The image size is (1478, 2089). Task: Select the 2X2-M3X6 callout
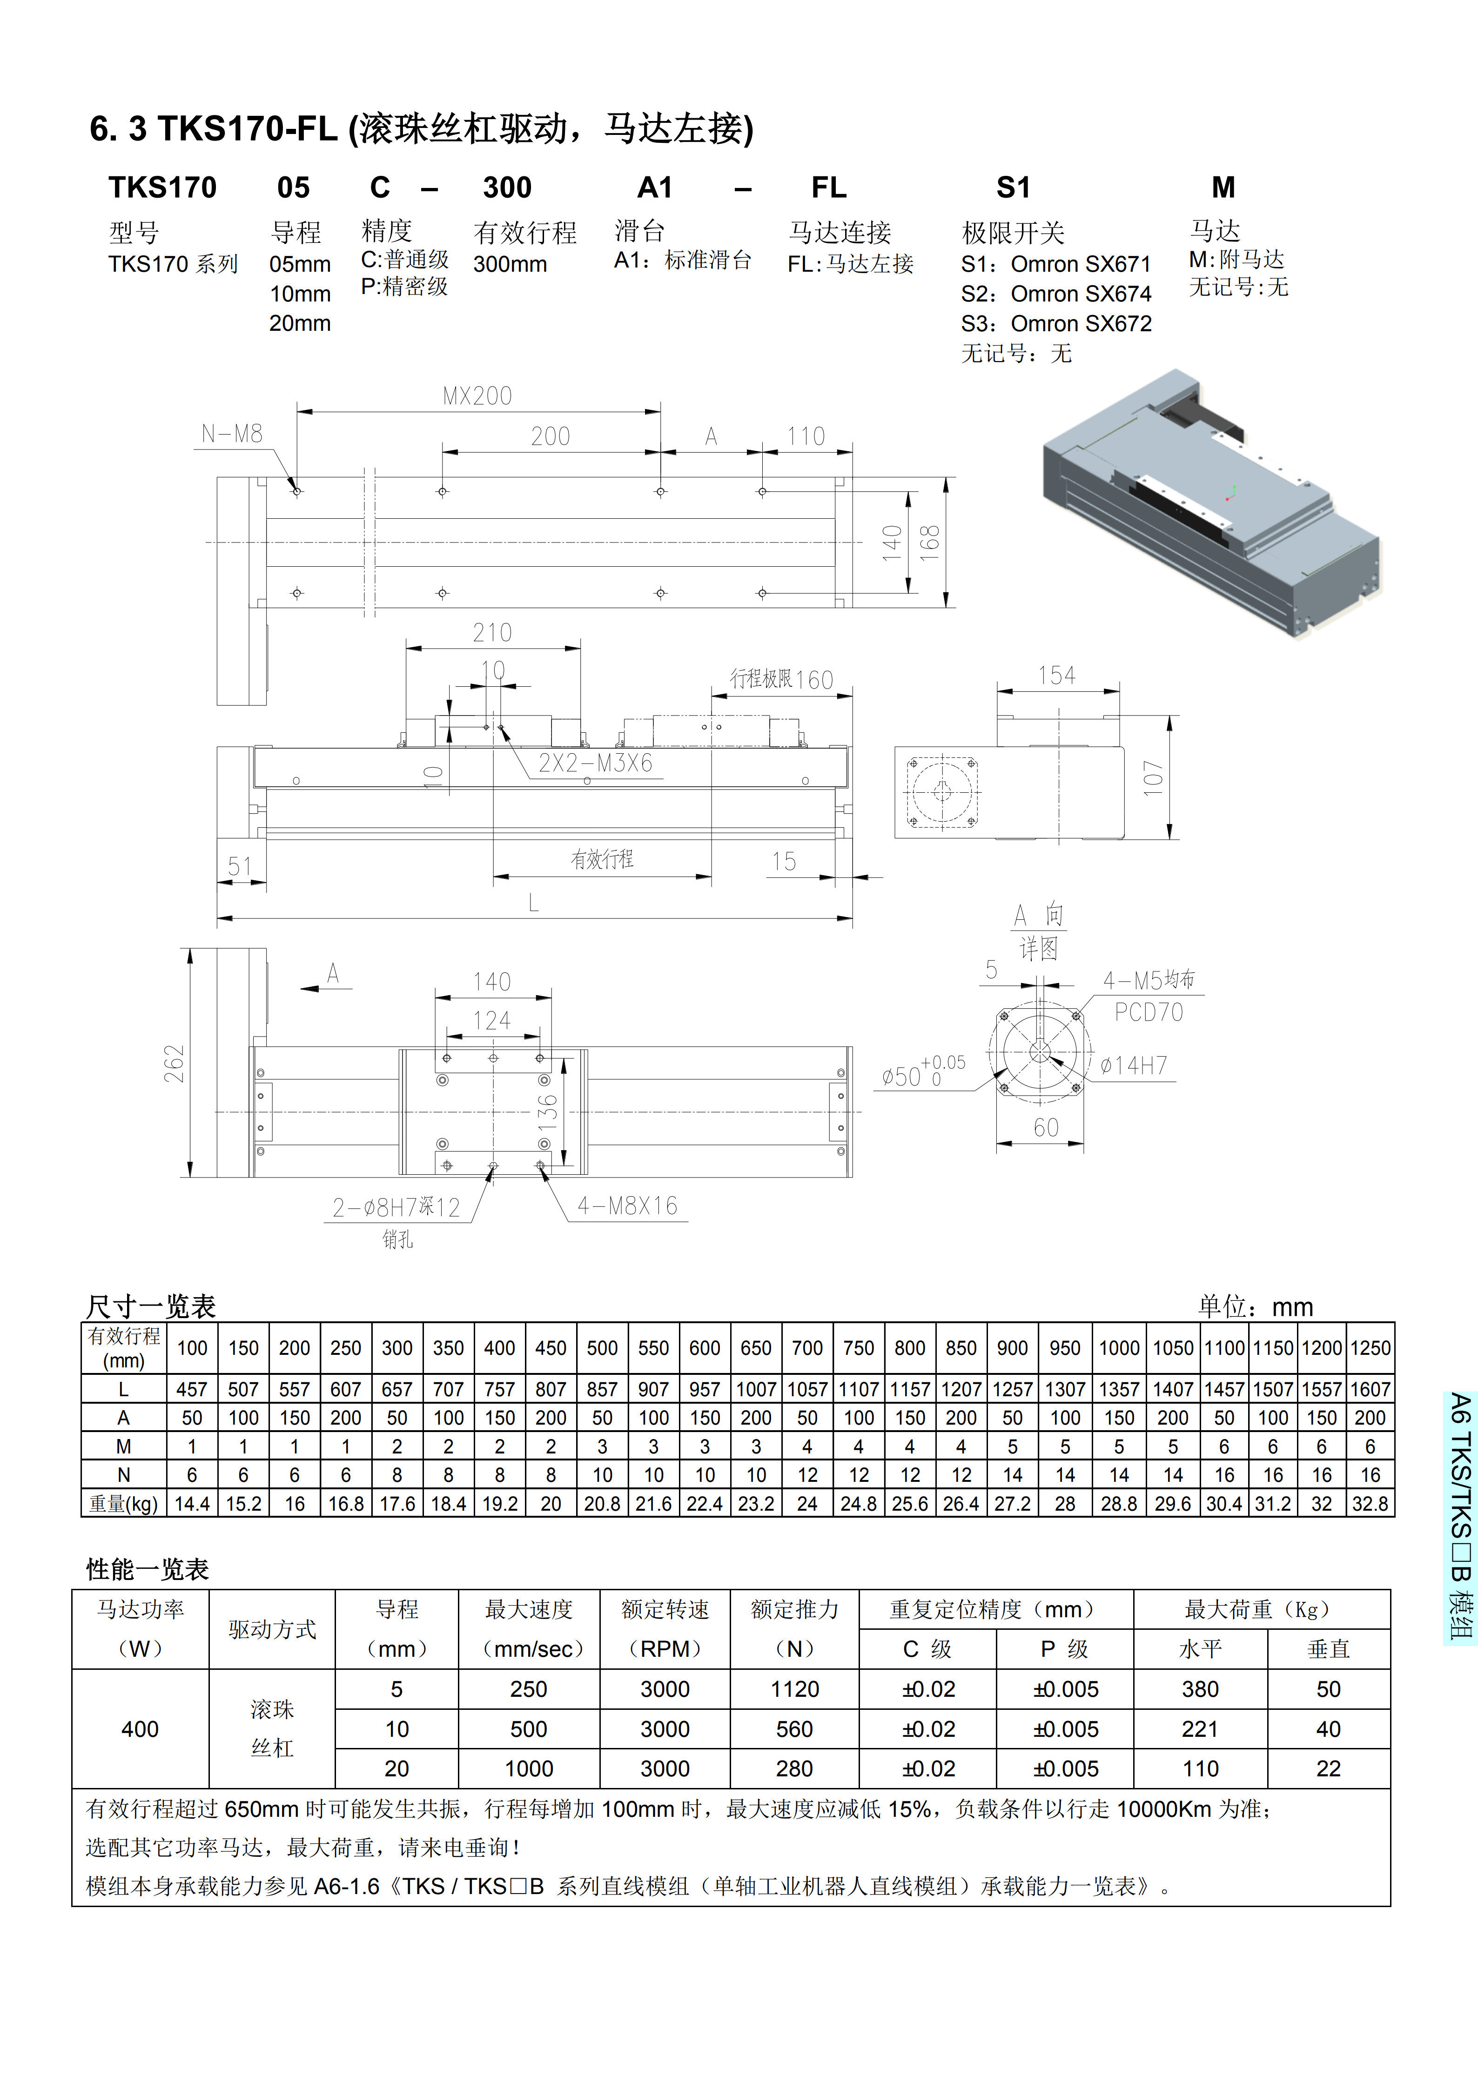[595, 763]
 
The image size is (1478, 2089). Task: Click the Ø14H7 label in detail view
[1133, 1065]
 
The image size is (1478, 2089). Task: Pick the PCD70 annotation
[1149, 1013]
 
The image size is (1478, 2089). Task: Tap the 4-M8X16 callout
[627, 1206]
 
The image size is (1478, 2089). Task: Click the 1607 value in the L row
[1370, 1389]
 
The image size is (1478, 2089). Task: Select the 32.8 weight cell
[1370, 1504]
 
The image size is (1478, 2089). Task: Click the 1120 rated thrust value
[794, 1690]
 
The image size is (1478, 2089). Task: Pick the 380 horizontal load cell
[1200, 1690]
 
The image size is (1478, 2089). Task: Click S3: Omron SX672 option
[1056, 324]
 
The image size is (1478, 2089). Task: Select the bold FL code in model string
[828, 188]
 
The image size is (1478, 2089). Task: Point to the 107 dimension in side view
[1153, 778]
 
